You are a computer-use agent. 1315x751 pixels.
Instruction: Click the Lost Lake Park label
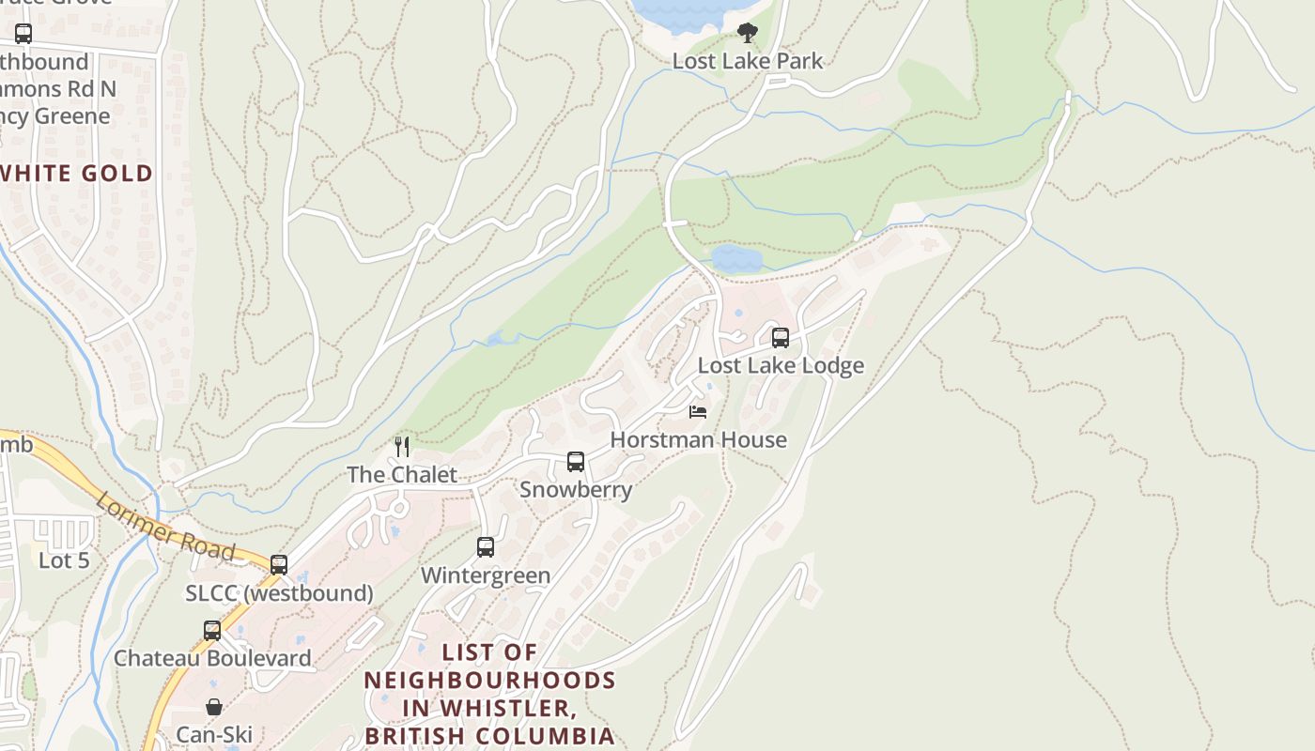tap(747, 61)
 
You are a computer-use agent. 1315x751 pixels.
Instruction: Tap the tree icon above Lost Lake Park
tap(747, 34)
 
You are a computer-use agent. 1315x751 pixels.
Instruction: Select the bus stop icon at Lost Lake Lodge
tap(781, 338)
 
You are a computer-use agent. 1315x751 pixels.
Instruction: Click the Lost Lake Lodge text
tap(781, 365)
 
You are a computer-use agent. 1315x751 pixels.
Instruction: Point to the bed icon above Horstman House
tap(697, 411)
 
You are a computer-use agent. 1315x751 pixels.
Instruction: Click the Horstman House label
tap(698, 439)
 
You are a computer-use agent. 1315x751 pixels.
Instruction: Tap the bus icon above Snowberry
tap(576, 462)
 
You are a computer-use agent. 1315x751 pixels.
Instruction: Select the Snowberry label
tap(576, 489)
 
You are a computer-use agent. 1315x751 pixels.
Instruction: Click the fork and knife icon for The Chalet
tap(402, 446)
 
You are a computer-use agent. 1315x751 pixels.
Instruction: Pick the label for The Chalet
tap(402, 474)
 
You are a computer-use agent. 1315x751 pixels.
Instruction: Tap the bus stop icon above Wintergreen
tap(486, 547)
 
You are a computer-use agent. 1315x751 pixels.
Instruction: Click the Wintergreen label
tap(486, 575)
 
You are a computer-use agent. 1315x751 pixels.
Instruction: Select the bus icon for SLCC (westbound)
tap(279, 565)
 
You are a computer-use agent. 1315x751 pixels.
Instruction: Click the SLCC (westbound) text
tap(279, 593)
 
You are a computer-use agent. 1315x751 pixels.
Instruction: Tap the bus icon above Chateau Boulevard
tap(212, 631)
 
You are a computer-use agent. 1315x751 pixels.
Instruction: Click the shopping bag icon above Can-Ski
tap(214, 707)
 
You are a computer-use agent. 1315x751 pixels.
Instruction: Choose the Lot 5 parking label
tap(64, 560)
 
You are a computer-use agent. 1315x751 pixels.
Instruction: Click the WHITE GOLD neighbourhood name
tap(77, 174)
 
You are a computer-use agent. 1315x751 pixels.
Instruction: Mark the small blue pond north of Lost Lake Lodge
tap(736, 257)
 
